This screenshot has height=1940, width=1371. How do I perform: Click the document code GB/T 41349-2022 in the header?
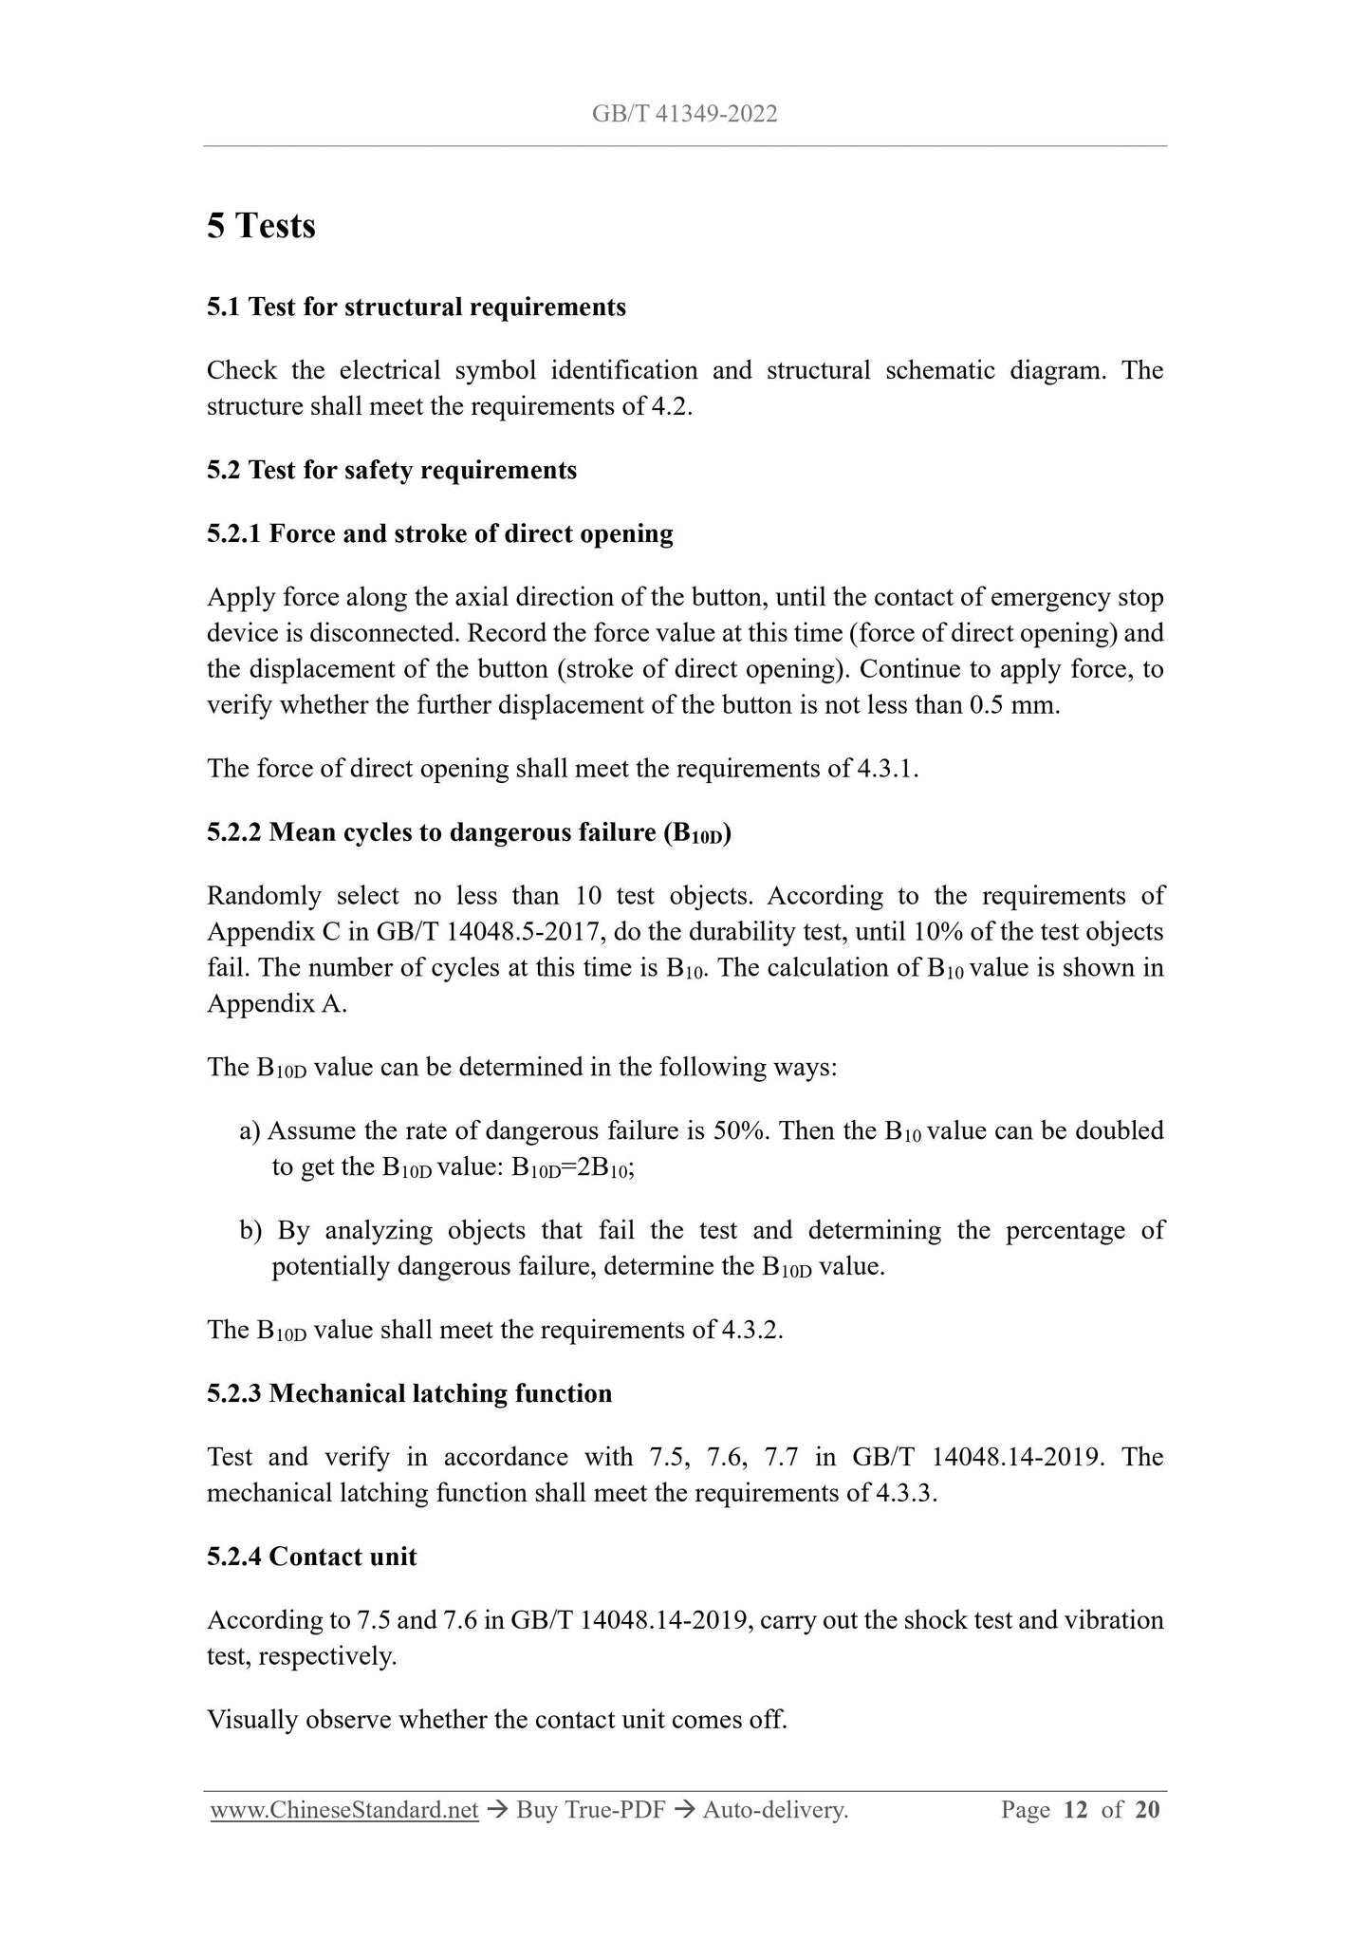pos(684,115)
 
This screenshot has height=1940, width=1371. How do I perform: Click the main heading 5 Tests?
pos(261,226)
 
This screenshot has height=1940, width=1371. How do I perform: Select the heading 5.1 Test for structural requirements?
pos(416,308)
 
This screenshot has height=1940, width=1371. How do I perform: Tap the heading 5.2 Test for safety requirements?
pos(391,471)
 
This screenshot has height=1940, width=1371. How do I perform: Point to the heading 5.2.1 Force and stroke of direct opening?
pos(439,534)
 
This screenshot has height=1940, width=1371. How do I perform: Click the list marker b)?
pos(250,1231)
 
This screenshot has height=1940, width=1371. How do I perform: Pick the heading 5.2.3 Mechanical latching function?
pos(409,1394)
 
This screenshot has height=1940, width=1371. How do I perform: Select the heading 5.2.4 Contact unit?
pos(311,1558)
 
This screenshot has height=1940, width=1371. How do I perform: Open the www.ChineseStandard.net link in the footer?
pos(343,1811)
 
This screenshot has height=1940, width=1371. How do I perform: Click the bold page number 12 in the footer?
pos(1075,1811)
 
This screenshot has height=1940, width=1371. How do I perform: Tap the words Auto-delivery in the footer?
pos(774,1811)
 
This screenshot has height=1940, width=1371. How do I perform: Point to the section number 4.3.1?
pos(887,769)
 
